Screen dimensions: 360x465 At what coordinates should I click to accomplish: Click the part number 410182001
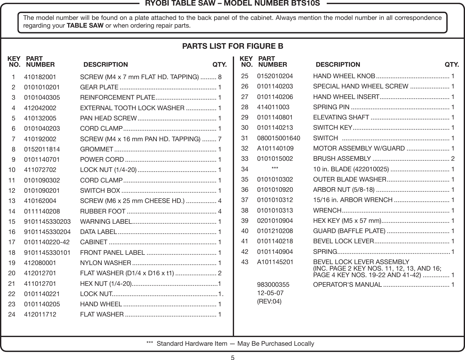(x=40, y=77)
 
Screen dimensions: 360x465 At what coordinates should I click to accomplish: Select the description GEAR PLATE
(x=99, y=87)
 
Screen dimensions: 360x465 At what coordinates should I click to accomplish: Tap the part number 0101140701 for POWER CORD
(x=42, y=160)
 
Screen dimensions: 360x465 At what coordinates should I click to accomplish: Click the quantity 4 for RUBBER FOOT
(x=220, y=211)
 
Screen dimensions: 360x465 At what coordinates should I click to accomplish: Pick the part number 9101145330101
(x=47, y=253)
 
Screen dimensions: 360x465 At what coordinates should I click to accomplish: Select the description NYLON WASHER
(x=105, y=263)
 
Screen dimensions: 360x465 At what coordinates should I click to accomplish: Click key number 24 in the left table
(x=12, y=314)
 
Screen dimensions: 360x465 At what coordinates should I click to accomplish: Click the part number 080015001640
(x=278, y=138)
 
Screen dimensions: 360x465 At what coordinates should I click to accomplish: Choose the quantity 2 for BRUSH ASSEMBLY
(x=453, y=159)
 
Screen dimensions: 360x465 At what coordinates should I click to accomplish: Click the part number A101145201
(x=275, y=262)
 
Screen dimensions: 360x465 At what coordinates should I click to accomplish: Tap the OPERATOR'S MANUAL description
(x=347, y=285)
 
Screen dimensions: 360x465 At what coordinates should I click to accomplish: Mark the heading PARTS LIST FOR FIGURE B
(x=232, y=46)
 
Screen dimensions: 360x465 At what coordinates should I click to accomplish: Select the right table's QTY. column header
(x=452, y=65)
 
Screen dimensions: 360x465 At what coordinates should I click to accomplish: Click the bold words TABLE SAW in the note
(x=85, y=25)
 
